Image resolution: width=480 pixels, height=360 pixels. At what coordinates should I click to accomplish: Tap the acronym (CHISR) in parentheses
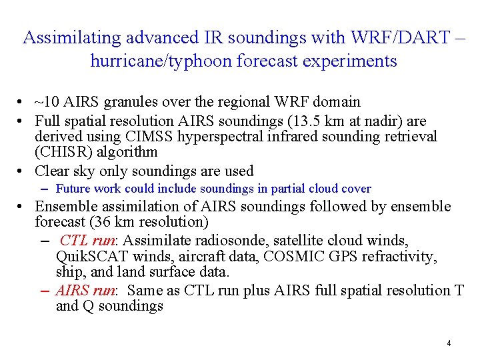point(63,151)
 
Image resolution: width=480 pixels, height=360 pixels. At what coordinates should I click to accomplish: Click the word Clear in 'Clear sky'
point(53,171)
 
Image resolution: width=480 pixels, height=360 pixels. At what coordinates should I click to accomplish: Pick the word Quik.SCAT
point(89,257)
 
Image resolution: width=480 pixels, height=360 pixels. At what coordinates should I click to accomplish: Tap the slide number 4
point(449,343)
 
